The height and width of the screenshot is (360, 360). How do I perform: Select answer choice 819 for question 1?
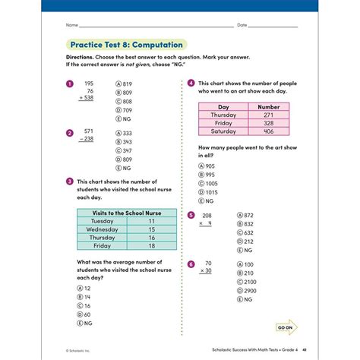(x=125, y=84)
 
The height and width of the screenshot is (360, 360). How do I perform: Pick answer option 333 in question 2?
(x=125, y=132)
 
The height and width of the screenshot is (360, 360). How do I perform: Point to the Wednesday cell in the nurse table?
(x=102, y=229)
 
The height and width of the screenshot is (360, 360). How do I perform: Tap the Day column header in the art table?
(x=223, y=107)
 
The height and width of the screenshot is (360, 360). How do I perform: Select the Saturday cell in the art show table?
(x=223, y=131)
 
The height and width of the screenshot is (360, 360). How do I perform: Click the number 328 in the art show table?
(x=269, y=122)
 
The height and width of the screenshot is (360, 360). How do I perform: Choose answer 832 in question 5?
(x=247, y=224)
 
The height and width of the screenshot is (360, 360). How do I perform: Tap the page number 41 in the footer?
(x=304, y=350)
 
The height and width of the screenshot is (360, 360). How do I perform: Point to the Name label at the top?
(x=72, y=25)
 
